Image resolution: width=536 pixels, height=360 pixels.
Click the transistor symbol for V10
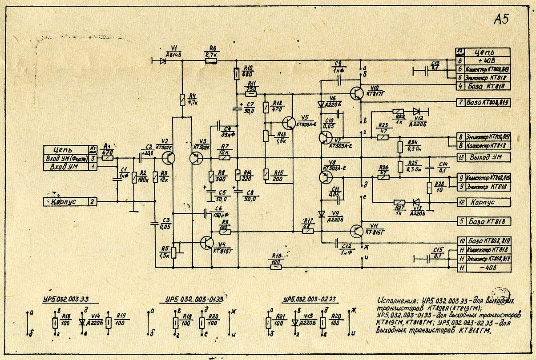tap(357, 92)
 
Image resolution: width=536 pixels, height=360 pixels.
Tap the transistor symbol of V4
tap(207, 242)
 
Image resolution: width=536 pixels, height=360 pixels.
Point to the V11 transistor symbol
tap(357, 231)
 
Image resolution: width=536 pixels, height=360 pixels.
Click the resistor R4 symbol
tap(181, 99)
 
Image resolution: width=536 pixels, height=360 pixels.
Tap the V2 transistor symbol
tap(169, 158)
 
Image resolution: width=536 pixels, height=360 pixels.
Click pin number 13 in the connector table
tap(461, 157)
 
